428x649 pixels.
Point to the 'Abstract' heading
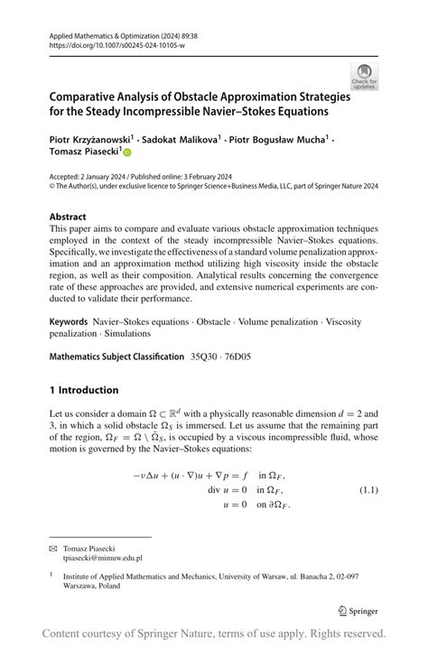pos(68,217)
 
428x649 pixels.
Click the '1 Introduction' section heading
pos(84,390)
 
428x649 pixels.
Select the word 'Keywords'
pos(69,321)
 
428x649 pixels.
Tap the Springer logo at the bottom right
pos(358,610)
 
